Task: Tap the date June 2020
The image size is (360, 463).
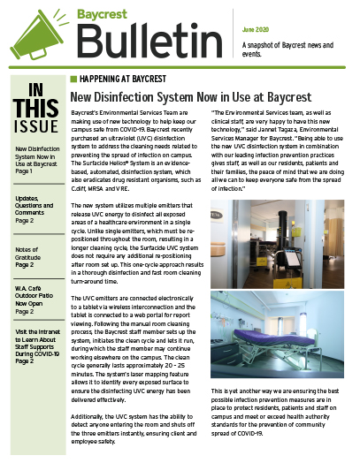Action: coord(257,9)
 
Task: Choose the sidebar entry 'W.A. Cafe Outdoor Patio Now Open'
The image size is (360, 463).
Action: coord(33,298)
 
